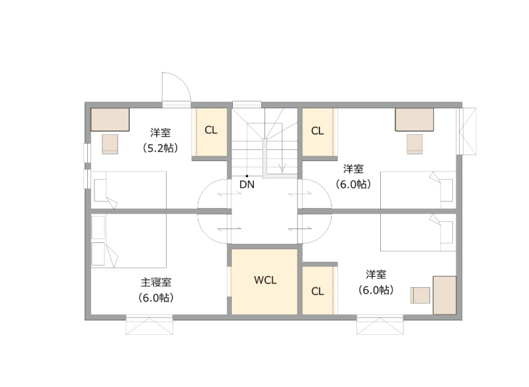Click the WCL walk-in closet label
click(x=265, y=280)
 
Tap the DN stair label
click(x=247, y=184)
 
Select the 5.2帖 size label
click(x=160, y=148)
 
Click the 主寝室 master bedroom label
click(x=156, y=282)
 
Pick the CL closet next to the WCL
click(x=317, y=291)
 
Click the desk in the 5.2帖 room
click(x=110, y=120)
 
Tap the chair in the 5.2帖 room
click(x=110, y=144)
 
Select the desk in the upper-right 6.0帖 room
click(x=415, y=120)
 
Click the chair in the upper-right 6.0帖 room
click(x=415, y=144)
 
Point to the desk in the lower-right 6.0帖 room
click(x=444, y=295)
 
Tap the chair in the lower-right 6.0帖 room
click(x=420, y=295)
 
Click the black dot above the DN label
click(x=247, y=176)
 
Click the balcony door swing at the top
click(x=177, y=87)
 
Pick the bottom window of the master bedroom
click(x=149, y=324)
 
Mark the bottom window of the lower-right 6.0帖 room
click(x=380, y=324)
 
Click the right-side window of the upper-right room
click(x=466, y=131)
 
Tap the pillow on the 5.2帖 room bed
click(x=101, y=190)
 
